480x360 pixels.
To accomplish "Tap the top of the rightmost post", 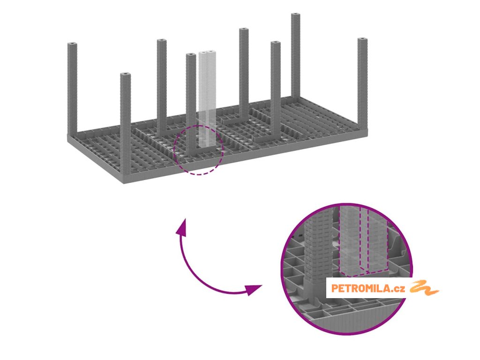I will [362, 40].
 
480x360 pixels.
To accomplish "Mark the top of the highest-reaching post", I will [296, 16].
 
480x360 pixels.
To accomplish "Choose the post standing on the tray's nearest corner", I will [125, 127].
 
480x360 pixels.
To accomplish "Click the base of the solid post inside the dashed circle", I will [191, 154].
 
